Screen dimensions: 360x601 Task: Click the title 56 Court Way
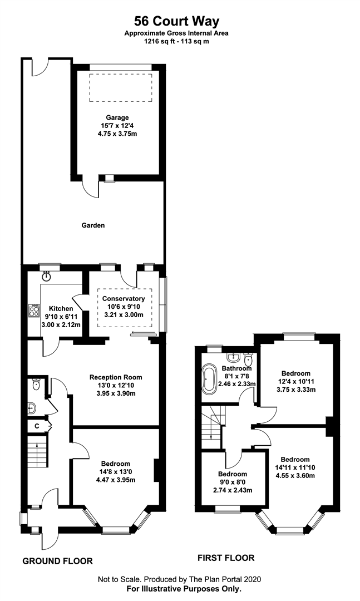[x=176, y=21]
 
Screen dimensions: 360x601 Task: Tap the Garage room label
[x=117, y=117]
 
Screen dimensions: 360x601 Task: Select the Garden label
[x=93, y=225]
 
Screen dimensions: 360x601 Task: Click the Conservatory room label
[x=124, y=299]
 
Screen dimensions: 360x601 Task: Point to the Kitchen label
[x=61, y=308]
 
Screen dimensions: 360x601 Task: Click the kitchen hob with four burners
[x=34, y=310]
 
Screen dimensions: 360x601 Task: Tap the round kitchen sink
[x=47, y=275]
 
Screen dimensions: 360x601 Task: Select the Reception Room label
[x=116, y=377]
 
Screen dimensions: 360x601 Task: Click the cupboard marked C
[x=37, y=426]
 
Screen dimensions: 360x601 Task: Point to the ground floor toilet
[x=36, y=385]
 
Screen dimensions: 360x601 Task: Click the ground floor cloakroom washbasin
[x=32, y=408]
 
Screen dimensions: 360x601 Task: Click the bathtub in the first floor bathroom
[x=209, y=380]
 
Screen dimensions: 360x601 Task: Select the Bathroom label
[x=237, y=368]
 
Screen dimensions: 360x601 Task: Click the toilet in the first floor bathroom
[x=248, y=359]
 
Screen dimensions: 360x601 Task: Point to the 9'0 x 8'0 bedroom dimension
[x=233, y=482]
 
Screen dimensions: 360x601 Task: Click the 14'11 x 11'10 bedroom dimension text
[x=295, y=467]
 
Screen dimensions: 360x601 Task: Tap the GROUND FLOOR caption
[x=57, y=561]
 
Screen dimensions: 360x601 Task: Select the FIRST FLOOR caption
[x=226, y=558]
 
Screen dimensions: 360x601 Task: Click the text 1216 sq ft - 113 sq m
[x=176, y=41]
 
